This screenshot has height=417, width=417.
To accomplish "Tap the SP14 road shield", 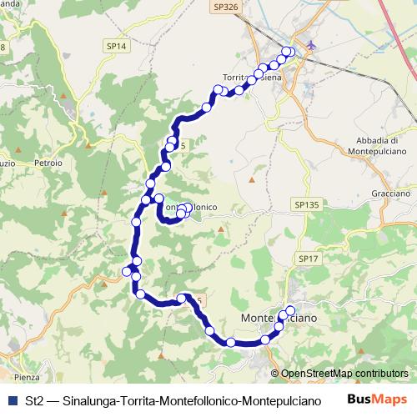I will point(117,48).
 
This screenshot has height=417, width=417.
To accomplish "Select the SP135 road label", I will point(307,203).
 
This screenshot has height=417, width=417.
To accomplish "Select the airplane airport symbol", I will point(311,45).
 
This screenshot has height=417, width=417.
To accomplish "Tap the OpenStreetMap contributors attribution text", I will point(339,374).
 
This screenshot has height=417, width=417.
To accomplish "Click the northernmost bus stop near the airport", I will point(289,52).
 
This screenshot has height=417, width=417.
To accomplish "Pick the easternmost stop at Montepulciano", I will point(290,311).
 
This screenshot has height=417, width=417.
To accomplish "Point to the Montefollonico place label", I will point(190,205).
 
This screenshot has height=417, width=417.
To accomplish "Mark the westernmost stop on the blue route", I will point(128,271).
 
